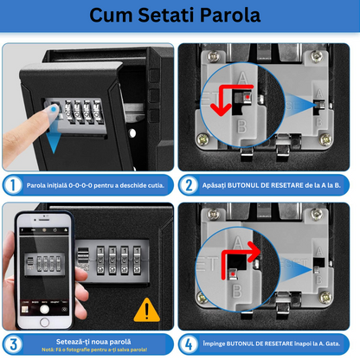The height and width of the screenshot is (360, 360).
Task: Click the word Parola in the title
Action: click(x=230, y=15)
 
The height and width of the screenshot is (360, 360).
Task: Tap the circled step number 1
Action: click(x=13, y=185)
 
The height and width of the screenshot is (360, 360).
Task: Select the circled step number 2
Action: click(x=189, y=185)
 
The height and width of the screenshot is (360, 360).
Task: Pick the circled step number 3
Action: click(x=13, y=344)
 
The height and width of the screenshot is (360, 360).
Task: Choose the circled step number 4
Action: click(x=189, y=344)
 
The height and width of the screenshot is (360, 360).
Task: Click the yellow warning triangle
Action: click(x=147, y=310)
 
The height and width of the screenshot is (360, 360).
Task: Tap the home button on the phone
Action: click(x=44, y=322)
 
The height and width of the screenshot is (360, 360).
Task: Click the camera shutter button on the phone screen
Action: click(x=44, y=309)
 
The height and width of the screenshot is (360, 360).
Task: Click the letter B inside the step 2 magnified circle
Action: click(x=242, y=126)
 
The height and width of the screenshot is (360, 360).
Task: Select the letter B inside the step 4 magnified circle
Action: click(x=237, y=291)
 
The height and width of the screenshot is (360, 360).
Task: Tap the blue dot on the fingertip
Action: click(x=54, y=109)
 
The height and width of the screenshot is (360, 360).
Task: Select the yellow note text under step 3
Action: click(x=94, y=350)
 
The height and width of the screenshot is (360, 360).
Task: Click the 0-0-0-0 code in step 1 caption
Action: click(x=80, y=185)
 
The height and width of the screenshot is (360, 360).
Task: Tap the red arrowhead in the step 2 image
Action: click(x=221, y=109)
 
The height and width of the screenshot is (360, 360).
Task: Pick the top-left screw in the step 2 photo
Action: click(x=214, y=56)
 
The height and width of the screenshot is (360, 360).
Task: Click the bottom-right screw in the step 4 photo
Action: click(x=325, y=297)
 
